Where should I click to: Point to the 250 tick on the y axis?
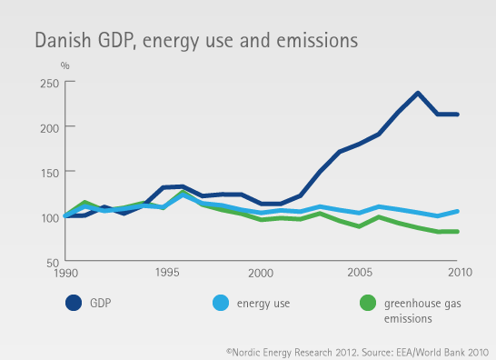pos(49,83)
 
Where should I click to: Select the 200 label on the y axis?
pos(49,126)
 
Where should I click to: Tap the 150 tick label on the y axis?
pos(49,172)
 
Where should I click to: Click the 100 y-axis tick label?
pos(49,216)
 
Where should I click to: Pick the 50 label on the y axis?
pos(53,262)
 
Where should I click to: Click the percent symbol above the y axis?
pos(64,65)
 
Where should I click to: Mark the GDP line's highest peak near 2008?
pos(417,93)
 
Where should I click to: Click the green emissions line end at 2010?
pos(456,232)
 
